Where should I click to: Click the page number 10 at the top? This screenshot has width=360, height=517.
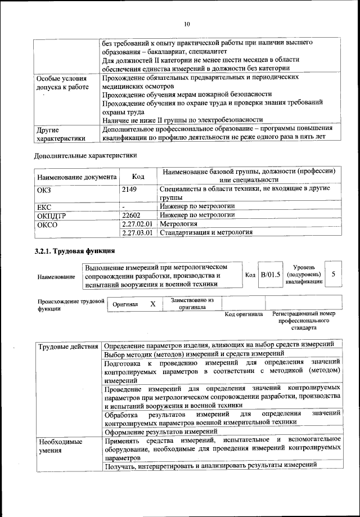[x=187, y=24]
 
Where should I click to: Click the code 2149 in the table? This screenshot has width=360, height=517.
[x=129, y=190]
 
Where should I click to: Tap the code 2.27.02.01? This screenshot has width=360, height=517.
[x=137, y=223]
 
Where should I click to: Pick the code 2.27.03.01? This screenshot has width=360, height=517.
[x=137, y=232]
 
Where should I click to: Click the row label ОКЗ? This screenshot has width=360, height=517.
[x=44, y=190]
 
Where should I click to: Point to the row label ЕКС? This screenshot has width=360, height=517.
[x=44, y=206]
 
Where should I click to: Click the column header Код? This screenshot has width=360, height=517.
[x=138, y=177]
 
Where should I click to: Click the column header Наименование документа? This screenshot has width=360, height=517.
[x=76, y=177]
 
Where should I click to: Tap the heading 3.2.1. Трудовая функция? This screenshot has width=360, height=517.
[x=75, y=251]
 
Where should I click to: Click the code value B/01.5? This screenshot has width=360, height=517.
[x=271, y=274]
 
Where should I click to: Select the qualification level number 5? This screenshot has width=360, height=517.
[x=334, y=274]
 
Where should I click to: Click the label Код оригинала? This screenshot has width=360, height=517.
[x=244, y=314]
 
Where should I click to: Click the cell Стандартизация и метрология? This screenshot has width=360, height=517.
[x=206, y=232]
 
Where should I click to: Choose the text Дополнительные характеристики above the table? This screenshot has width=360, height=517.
[x=85, y=155]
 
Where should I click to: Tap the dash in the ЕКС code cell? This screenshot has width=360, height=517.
[x=123, y=206]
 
